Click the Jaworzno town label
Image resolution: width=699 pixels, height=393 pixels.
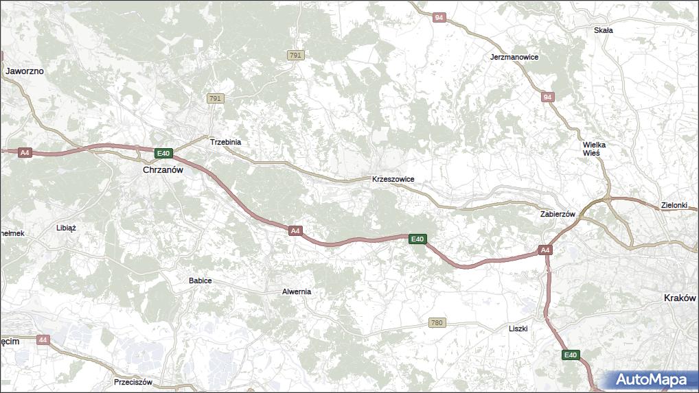(25, 71)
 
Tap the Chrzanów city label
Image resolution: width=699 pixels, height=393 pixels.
(163, 169)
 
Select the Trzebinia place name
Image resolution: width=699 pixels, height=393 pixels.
(225, 142)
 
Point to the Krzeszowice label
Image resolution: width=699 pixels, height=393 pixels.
(393, 179)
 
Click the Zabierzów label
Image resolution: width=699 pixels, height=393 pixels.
(557, 214)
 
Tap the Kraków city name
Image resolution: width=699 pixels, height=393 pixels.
(680, 298)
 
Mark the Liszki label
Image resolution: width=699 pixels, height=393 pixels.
(518, 329)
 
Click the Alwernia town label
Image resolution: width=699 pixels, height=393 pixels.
(297, 291)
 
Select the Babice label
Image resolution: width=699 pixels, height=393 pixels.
(200, 281)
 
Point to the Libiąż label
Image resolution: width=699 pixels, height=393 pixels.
(66, 227)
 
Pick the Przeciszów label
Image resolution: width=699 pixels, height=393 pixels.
(133, 382)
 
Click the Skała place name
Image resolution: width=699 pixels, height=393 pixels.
(603, 30)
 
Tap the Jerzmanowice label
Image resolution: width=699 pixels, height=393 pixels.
(514, 57)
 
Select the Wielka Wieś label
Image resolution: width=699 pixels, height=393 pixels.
(594, 149)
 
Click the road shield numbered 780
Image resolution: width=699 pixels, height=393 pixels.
(437, 322)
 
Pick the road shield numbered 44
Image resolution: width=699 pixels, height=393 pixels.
(43, 340)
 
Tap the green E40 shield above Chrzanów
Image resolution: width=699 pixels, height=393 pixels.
(163, 153)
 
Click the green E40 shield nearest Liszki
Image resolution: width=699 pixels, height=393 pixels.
(571, 355)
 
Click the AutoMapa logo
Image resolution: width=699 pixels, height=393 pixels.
(650, 379)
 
